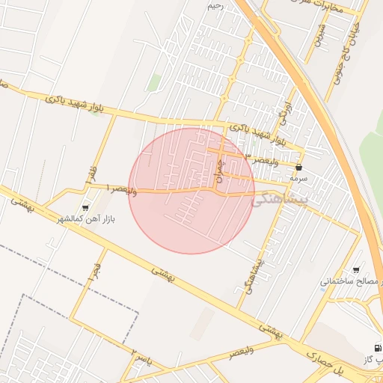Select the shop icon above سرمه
299,168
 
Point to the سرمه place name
299,179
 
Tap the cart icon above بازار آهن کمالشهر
85,207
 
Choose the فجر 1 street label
96,272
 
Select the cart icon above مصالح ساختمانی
356,270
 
